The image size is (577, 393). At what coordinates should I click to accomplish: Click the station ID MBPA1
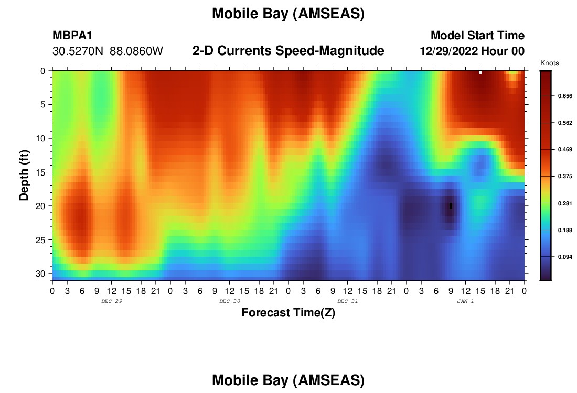coord(72,35)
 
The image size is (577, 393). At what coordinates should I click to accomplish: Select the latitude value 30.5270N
coord(78,51)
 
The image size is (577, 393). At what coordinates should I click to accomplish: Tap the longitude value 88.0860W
coord(136,51)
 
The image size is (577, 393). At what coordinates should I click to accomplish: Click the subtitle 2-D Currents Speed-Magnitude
coord(288,51)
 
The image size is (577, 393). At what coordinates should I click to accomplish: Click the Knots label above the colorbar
coord(549,63)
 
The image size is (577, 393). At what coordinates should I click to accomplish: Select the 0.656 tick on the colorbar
coord(565,96)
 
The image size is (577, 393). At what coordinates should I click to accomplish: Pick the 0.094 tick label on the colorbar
coord(565,257)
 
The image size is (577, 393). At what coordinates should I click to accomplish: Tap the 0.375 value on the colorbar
coord(565,176)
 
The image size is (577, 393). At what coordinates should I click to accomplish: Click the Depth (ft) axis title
coord(24,175)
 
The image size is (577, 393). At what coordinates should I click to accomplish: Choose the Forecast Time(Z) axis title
coord(288,312)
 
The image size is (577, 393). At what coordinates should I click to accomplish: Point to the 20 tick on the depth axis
coord(40,206)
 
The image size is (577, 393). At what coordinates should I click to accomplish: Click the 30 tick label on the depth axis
coord(40,274)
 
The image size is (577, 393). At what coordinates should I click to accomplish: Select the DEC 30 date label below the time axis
coord(230,301)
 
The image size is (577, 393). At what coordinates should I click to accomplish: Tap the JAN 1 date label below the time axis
coord(465,301)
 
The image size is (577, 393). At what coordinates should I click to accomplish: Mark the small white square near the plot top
coord(480,72)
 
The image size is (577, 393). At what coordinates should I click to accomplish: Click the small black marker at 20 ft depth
coord(451,206)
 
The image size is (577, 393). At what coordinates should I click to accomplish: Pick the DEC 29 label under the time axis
coord(112,301)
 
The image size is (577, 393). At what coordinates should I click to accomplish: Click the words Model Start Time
coord(478,35)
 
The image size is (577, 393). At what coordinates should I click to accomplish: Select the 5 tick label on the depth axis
coord(42,105)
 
